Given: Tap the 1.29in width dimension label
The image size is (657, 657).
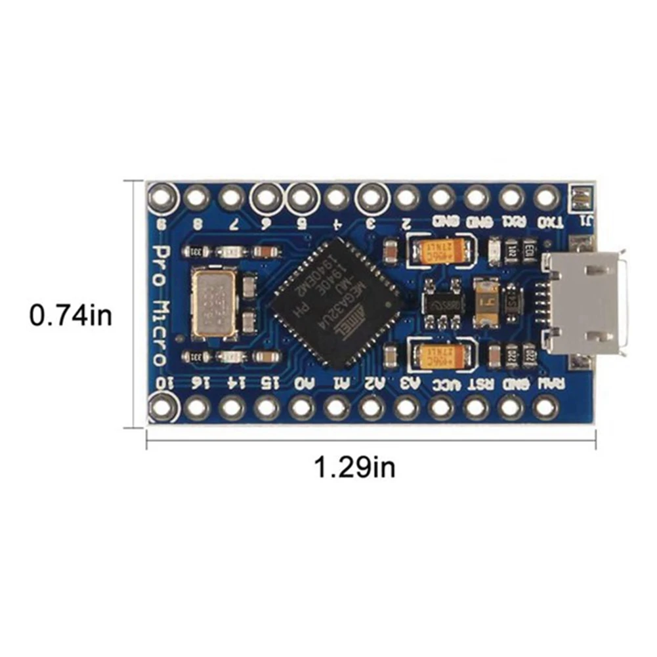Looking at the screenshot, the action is tap(355, 468).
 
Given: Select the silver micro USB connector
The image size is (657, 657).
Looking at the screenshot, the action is tap(586, 303).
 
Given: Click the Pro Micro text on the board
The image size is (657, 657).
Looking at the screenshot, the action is tap(159, 305).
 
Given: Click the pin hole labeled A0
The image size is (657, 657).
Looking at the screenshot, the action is tap(301, 408).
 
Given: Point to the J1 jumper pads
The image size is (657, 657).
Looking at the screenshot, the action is tap(580, 198).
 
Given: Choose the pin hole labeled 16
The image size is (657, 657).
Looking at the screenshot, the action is tap(197, 408).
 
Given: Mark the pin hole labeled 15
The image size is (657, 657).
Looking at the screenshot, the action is tap(266, 408).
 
